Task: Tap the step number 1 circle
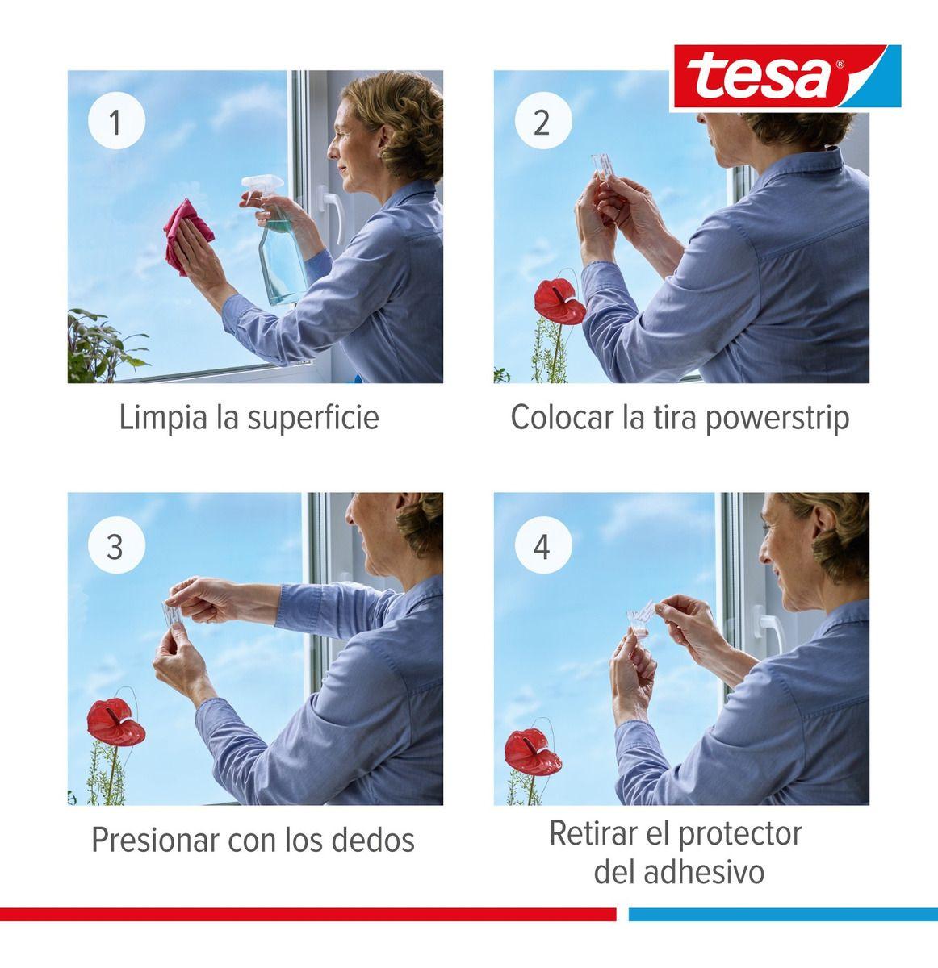pos(115,123)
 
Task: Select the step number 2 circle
pos(542,123)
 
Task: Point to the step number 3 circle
pos(115,546)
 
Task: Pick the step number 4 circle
pos(542,546)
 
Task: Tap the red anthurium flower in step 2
pos(561,302)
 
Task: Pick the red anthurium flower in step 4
pos(533,749)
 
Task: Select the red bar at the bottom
pos(307,914)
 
